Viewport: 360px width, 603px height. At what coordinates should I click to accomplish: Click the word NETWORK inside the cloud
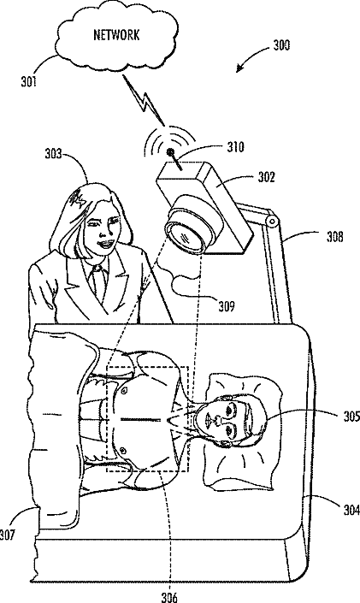click(116, 35)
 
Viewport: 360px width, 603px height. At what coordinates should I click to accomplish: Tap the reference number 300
click(281, 45)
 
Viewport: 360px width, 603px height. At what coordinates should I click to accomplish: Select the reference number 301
click(29, 81)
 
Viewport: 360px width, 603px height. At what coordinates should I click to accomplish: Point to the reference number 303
click(54, 154)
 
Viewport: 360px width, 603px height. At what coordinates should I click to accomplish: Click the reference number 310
click(235, 147)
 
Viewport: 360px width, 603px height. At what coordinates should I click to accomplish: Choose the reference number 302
click(267, 177)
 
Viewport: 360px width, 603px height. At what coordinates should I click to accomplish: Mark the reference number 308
click(334, 237)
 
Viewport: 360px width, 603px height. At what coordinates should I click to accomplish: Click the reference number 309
click(227, 306)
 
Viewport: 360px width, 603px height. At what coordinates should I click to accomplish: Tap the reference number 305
click(351, 417)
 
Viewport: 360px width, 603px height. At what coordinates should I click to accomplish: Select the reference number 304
click(351, 510)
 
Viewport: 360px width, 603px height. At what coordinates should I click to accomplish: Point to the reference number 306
click(169, 597)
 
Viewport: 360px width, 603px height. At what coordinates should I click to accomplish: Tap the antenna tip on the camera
click(169, 152)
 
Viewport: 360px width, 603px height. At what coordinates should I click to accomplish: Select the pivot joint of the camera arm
click(272, 222)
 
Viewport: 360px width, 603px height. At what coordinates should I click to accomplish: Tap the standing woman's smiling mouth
click(105, 243)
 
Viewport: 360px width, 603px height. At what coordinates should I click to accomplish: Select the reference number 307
click(8, 535)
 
